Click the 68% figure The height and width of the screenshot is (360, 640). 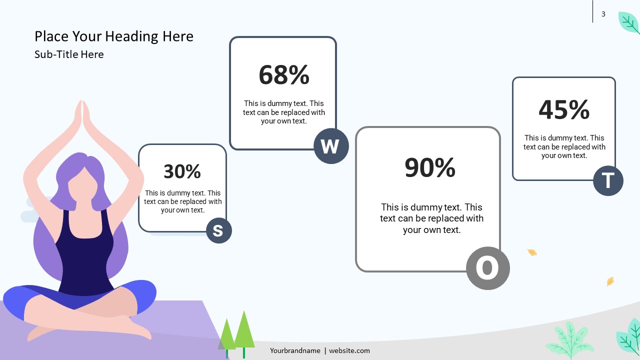coord(284,75)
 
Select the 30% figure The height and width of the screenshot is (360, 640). coord(182,171)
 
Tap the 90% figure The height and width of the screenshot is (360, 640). coord(430,167)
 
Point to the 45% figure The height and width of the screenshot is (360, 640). coord(564,109)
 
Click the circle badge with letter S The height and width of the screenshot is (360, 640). coord(219,230)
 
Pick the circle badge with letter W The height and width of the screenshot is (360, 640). coord(331,146)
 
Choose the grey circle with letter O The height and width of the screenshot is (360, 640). coord(487,268)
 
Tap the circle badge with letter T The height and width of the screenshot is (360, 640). coord(608,180)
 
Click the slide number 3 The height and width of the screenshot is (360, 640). coord(603,14)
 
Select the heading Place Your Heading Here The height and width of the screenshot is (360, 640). coord(114,36)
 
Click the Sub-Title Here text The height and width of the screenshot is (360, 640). coord(69,54)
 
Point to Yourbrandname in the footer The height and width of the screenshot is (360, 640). coord(295,350)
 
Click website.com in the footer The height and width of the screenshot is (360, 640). coord(349,350)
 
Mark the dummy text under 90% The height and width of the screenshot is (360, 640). coord(431,218)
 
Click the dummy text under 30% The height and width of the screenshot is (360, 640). coord(182,201)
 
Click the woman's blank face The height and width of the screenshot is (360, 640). coord(83,185)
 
